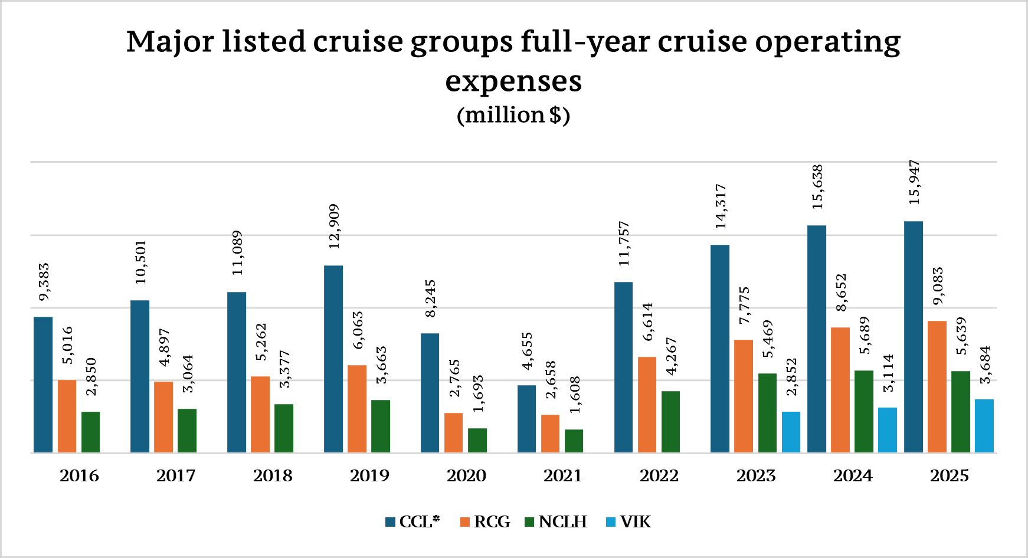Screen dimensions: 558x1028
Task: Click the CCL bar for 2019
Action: pyautogui.click(x=333, y=359)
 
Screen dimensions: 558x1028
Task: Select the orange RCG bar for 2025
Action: pyautogui.click(x=937, y=387)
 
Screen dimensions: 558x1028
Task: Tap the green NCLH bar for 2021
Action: pyautogui.click(x=574, y=441)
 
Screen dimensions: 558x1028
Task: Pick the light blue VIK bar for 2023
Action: pyautogui.click(x=791, y=432)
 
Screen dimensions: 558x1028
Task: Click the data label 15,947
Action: pyautogui.click(x=915, y=182)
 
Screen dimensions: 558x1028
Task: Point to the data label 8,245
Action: pyautogui.click(x=431, y=298)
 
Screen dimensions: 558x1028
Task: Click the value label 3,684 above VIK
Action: pyautogui.click(x=985, y=365)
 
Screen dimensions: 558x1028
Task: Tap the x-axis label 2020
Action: pyautogui.click(x=466, y=476)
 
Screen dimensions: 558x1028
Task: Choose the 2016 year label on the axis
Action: pyautogui.click(x=79, y=476)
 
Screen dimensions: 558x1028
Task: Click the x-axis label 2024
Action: pyautogui.click(x=853, y=476)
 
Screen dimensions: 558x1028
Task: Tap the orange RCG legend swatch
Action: pyautogui.click(x=465, y=522)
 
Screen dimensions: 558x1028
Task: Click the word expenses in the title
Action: pyautogui.click(x=513, y=81)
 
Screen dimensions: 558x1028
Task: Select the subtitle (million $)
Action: pyautogui.click(x=513, y=114)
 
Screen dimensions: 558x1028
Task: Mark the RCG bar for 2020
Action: pyautogui.click(x=453, y=433)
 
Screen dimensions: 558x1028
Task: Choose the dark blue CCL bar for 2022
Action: pyautogui.click(x=623, y=367)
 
